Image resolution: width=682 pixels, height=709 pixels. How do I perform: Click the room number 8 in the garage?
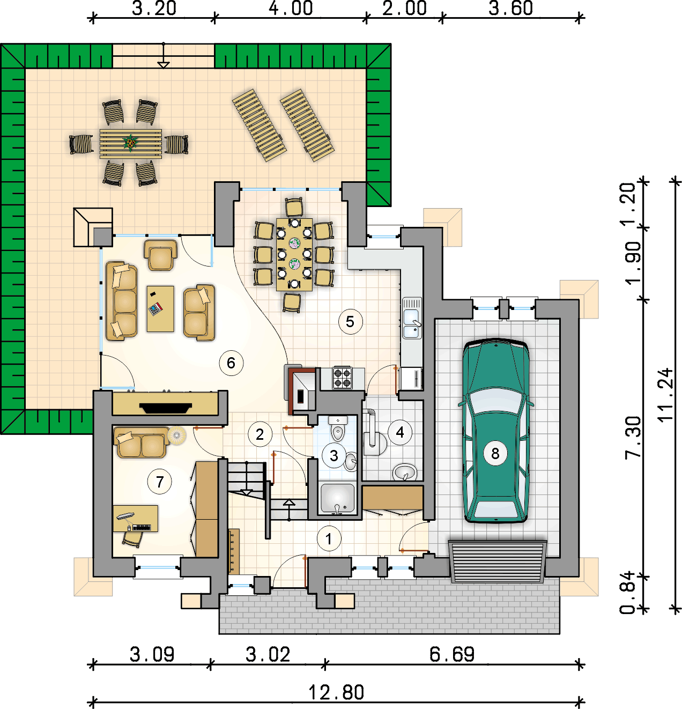(495, 454)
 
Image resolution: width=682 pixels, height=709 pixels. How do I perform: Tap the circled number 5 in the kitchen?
(350, 322)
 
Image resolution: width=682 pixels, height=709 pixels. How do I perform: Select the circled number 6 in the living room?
(231, 363)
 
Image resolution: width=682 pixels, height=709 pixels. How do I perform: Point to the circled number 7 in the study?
(160, 482)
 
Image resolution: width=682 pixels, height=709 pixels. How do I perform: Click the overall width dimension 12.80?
(336, 692)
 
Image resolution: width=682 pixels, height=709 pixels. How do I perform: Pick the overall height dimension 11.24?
(665, 395)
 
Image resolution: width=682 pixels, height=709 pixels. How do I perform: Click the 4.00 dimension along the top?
(291, 9)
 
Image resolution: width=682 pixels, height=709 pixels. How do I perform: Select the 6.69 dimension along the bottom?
(452, 655)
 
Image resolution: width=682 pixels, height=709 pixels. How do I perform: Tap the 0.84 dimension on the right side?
(627, 593)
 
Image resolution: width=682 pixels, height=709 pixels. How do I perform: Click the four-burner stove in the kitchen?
(343, 378)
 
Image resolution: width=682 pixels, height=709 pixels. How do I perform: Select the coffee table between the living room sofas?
(160, 309)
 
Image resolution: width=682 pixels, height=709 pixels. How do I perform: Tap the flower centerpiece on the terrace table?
(129, 143)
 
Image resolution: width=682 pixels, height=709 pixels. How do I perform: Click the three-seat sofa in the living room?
(122, 301)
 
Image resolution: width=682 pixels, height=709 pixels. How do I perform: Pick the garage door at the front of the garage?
(498, 562)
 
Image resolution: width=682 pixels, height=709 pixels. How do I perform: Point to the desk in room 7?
(136, 519)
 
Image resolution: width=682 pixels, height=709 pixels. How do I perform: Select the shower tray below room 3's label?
(337, 499)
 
